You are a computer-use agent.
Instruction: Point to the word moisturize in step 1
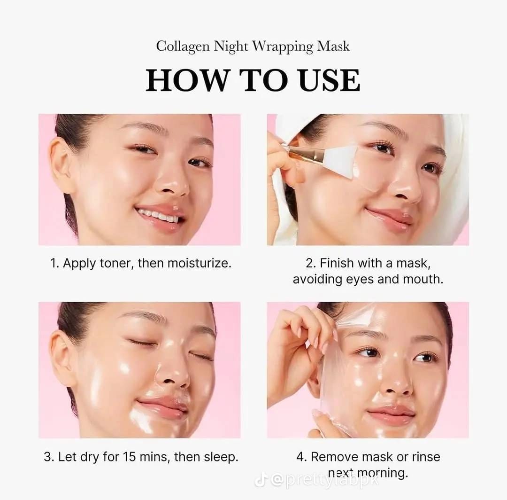[x=202, y=263]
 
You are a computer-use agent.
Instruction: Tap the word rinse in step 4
[x=426, y=457]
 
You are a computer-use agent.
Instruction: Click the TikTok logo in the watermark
[x=261, y=480]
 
